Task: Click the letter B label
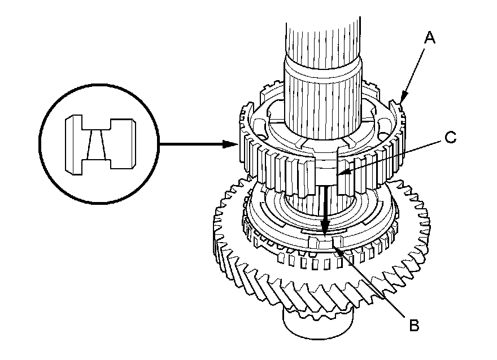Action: click(414, 325)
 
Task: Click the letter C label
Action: click(451, 138)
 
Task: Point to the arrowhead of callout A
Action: click(403, 98)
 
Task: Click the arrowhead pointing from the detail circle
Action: click(230, 144)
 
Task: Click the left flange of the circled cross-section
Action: click(74, 144)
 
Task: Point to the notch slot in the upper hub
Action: click(326, 168)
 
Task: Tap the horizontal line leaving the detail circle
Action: click(191, 144)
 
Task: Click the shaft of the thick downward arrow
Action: click(325, 204)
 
